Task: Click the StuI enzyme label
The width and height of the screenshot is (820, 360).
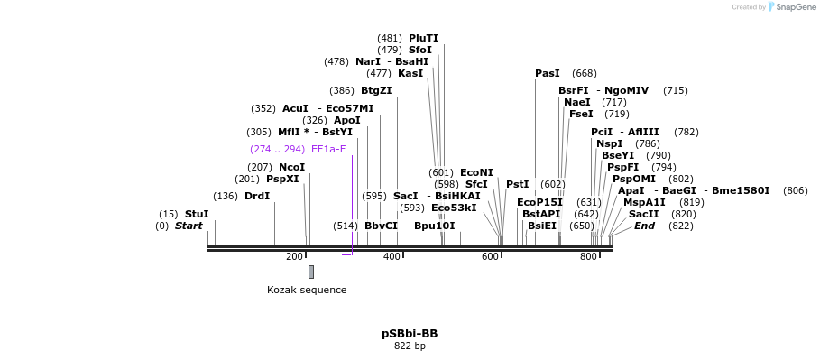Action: pyautogui.click(x=196, y=214)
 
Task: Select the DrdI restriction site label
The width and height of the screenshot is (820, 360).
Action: pyautogui.click(x=256, y=196)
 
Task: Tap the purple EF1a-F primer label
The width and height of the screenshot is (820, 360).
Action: pyautogui.click(x=328, y=149)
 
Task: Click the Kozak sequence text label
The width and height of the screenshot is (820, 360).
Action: pyautogui.click(x=307, y=290)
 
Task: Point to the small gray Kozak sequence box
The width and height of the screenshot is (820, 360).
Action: pyautogui.click(x=311, y=272)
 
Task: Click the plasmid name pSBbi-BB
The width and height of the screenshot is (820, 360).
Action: pyautogui.click(x=410, y=334)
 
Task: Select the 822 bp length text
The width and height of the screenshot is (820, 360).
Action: pyautogui.click(x=410, y=346)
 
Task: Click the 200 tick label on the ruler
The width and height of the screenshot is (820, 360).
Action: pyautogui.click(x=294, y=257)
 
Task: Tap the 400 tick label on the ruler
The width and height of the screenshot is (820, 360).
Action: pyautogui.click(x=392, y=257)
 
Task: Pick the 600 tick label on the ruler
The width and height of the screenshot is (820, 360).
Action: pyautogui.click(x=490, y=257)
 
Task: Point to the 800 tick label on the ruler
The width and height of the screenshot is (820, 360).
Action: pyautogui.click(x=588, y=257)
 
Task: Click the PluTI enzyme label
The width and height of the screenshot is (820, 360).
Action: pyautogui.click(x=423, y=38)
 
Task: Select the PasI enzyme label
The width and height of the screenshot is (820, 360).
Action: pyautogui.click(x=547, y=73)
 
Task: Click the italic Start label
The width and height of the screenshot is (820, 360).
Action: pyautogui.click(x=189, y=226)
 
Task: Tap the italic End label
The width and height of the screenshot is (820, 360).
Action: pyautogui.click(x=644, y=226)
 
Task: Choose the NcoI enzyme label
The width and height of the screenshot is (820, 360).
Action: pyautogui.click(x=291, y=167)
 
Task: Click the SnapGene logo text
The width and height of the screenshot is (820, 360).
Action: pyautogui.click(x=797, y=7)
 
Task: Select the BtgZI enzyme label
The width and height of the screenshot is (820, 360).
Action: pyautogui.click(x=376, y=90)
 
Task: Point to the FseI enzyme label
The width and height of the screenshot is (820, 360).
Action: pyautogui.click(x=581, y=114)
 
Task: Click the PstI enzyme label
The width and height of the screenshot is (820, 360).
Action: pyautogui.click(x=517, y=184)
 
